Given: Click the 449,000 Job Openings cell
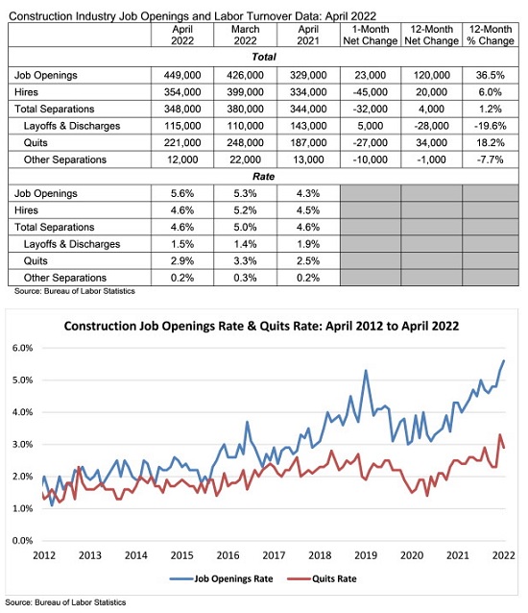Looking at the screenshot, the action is click(x=182, y=75).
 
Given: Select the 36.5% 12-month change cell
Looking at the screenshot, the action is click(x=491, y=75).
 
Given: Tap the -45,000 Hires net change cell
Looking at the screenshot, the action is click(x=371, y=92).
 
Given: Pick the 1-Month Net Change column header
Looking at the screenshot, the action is click(x=371, y=35).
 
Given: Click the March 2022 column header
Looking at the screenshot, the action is click(x=245, y=35).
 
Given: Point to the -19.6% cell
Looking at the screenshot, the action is click(x=491, y=126).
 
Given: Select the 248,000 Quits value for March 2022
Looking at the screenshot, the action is click(x=245, y=143).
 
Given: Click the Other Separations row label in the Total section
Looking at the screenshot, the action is click(x=65, y=159).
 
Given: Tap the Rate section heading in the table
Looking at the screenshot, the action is click(x=264, y=177).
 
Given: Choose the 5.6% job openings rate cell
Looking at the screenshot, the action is click(x=182, y=193).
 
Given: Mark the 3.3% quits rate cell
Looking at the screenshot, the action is click(x=245, y=260).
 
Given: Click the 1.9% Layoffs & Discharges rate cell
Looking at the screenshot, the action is click(x=308, y=244).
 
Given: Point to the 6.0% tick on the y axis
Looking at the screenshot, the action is click(x=22, y=348).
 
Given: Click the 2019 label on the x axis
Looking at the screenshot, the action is click(x=366, y=555).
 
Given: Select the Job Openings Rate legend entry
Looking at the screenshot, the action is click(x=222, y=578).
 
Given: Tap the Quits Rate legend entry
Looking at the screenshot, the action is click(x=322, y=578).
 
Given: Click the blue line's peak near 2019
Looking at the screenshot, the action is click(x=366, y=370).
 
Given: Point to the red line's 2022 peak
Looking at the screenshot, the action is click(x=500, y=434).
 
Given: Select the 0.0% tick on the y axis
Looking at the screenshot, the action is click(x=22, y=541).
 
